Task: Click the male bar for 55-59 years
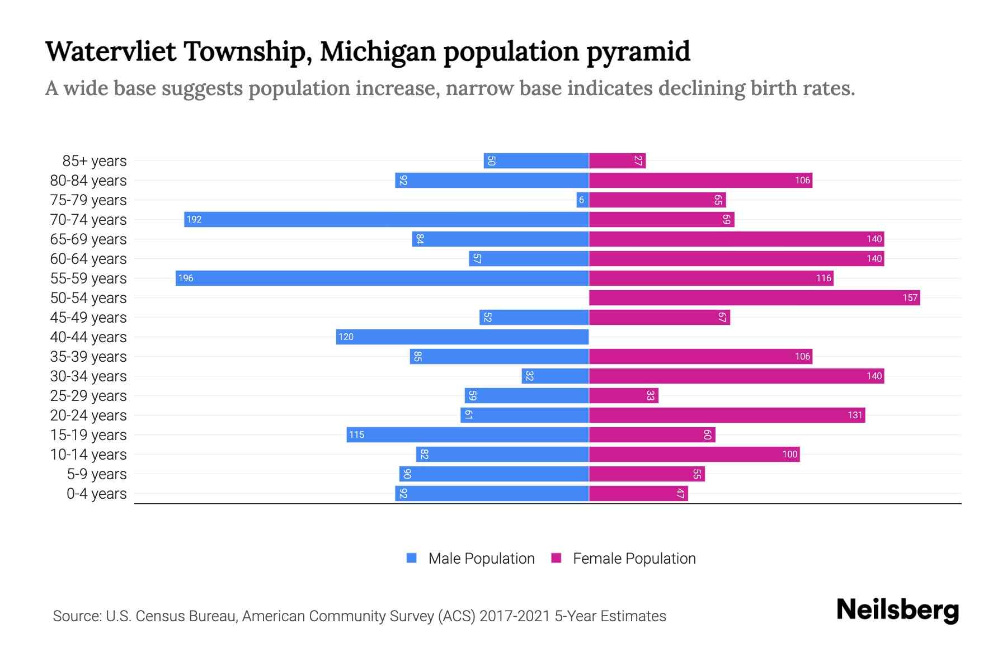[x=382, y=278]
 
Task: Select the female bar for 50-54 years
[x=754, y=297]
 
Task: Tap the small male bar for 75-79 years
[x=582, y=200]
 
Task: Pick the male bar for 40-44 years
[x=462, y=337]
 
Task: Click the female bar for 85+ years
[x=617, y=160]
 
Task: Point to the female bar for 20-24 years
[x=727, y=415]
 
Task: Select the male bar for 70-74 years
[x=386, y=219]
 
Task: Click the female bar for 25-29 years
[x=623, y=395]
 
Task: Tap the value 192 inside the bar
[x=194, y=219]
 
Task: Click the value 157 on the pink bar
[x=910, y=297]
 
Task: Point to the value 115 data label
[x=356, y=434]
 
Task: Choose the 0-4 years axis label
[x=96, y=494]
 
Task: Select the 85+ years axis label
[x=95, y=161]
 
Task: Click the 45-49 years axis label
[x=88, y=318]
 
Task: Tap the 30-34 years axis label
[x=88, y=376]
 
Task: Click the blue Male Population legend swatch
[x=412, y=558]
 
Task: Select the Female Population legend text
[x=634, y=558]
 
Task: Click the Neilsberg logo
[x=897, y=610]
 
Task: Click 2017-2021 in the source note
[x=515, y=616]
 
